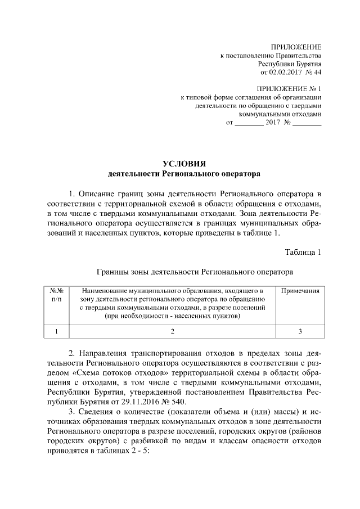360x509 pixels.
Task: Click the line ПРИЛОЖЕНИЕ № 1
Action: coord(289,89)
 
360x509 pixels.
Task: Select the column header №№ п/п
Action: coord(56,295)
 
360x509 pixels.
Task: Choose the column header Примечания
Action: coord(300,291)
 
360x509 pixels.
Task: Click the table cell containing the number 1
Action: coord(56,331)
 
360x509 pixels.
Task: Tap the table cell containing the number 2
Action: coord(172,331)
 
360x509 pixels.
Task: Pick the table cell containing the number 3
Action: coord(300,331)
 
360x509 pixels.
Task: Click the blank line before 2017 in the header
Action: coord(248,122)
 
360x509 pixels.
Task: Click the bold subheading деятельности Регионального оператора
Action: coord(180,174)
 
